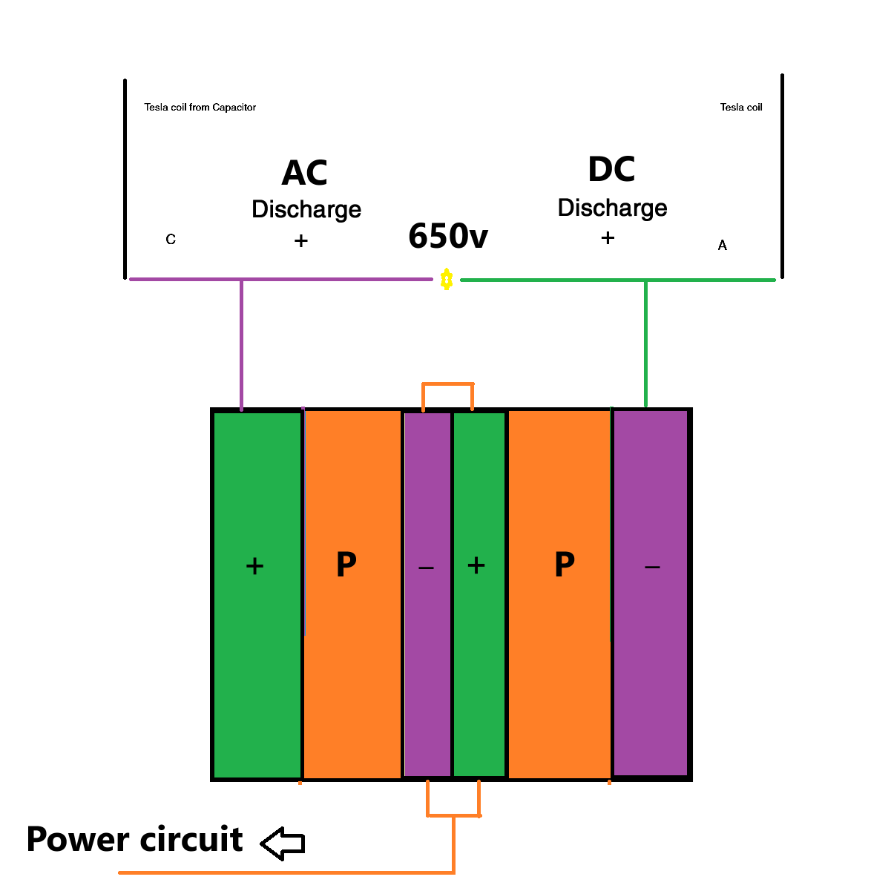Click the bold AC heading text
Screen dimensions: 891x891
pyautogui.click(x=304, y=174)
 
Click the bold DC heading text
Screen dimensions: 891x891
pyautogui.click(x=611, y=170)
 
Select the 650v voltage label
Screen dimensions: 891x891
pyautogui.click(x=448, y=237)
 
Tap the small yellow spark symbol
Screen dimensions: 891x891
pyautogui.click(x=446, y=280)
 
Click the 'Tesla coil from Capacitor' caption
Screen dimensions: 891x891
pyautogui.click(x=200, y=108)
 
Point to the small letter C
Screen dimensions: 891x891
pyautogui.click(x=171, y=240)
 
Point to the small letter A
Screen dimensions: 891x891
pyautogui.click(x=723, y=246)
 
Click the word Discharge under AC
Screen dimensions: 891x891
pyautogui.click(x=306, y=209)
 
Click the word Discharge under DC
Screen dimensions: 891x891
pyautogui.click(x=612, y=208)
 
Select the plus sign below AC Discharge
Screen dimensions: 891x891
pyautogui.click(x=300, y=240)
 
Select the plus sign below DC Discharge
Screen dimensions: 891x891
pyautogui.click(x=608, y=238)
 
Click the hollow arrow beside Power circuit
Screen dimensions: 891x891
pyautogui.click(x=283, y=843)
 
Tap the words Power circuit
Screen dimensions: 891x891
pyautogui.click(x=135, y=840)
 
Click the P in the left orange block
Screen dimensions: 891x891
pyautogui.click(x=346, y=565)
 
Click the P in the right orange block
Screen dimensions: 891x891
pyautogui.click(x=564, y=565)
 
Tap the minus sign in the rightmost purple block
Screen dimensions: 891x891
pyautogui.click(x=652, y=568)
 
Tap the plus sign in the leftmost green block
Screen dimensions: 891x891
pyautogui.click(x=254, y=567)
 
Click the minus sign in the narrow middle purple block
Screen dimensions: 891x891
pyautogui.click(x=426, y=568)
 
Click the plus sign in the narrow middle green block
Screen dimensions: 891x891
pyautogui.click(x=476, y=566)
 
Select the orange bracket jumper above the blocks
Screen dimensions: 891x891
pyautogui.click(x=447, y=384)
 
